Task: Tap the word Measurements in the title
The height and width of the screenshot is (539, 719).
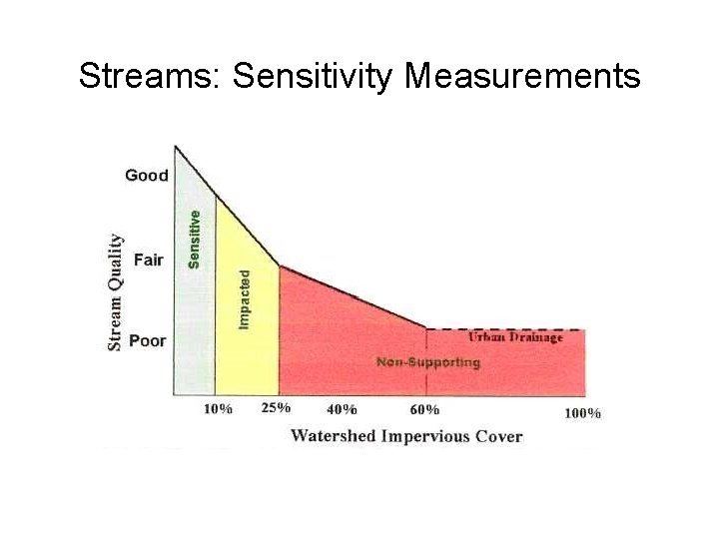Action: pos(522,76)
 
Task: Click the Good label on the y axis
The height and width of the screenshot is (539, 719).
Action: pos(147,176)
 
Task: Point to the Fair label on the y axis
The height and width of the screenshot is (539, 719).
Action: pos(149,260)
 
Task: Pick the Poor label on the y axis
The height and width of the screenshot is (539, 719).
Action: pos(148,340)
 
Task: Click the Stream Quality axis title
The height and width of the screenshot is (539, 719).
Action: pos(116,292)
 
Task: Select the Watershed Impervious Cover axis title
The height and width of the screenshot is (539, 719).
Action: pos(405,435)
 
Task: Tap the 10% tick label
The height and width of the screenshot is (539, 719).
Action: pos(218,409)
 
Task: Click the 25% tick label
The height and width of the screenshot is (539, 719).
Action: pos(276,407)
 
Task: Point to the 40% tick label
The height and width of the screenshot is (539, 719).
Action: pos(342,409)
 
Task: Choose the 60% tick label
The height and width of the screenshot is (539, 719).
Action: pos(424,409)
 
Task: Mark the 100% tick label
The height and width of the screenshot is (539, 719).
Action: pos(582,412)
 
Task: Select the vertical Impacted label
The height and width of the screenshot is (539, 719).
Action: pos(245,297)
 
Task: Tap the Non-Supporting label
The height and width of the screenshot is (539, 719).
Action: pos(427,362)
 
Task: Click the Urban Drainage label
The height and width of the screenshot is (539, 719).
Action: pos(515,337)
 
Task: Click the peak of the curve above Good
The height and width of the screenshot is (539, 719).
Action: pos(176,147)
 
